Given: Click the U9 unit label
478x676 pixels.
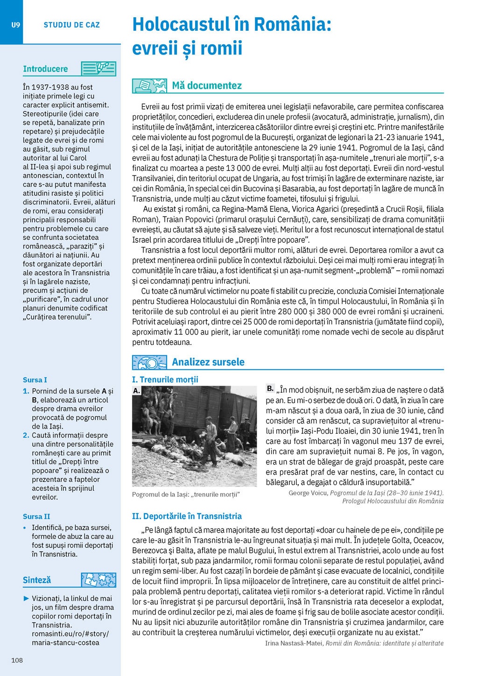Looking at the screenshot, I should pos(16,25).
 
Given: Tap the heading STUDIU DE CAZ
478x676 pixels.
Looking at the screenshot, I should pos(71,25).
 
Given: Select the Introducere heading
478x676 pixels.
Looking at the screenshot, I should pos(45,69).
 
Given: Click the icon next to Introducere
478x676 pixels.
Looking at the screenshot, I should pos(98,69).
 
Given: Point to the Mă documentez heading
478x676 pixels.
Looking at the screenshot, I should pos(207,85).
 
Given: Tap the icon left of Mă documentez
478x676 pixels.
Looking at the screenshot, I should pos(149,86).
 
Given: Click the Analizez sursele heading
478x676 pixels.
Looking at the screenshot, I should pos(208,362).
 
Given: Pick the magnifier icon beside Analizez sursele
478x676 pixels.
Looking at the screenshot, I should pos(149,362).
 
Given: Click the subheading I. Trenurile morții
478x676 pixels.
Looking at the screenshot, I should pos(165,380).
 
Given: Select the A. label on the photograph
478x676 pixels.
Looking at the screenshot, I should pos(136,390).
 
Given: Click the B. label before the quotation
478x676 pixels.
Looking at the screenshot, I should pos(270,388).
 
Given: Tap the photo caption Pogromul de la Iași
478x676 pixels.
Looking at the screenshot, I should pos(186,494).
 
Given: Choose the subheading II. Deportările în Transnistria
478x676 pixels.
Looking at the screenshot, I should pos(187,516).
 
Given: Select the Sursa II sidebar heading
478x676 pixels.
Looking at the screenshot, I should pos(36,516).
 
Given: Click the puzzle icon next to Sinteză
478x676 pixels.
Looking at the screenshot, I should pos(98,580).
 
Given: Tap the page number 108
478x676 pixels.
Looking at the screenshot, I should pos(17,660).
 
